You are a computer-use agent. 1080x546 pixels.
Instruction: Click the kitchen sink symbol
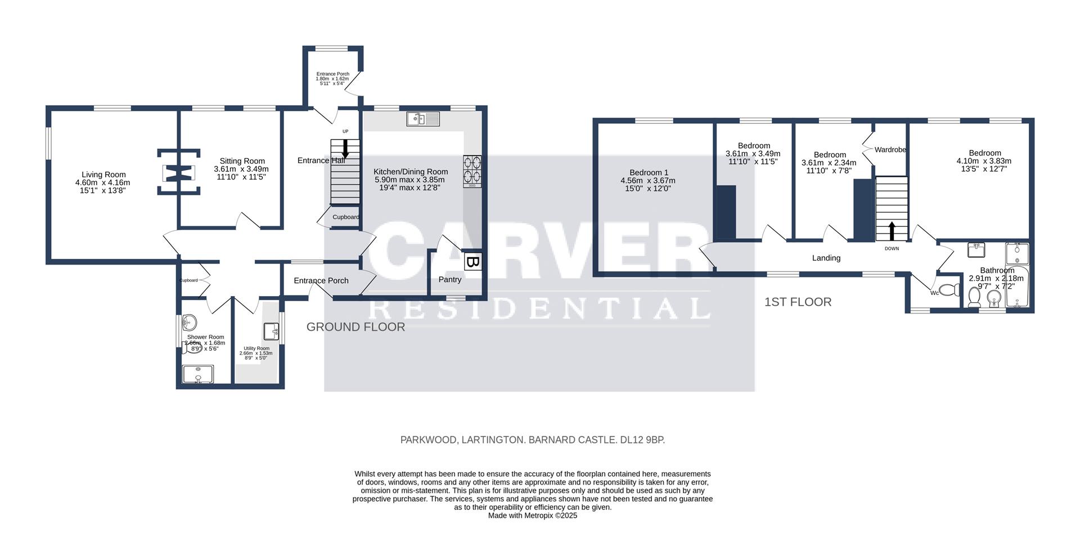423,119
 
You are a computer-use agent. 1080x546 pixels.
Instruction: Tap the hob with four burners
472,171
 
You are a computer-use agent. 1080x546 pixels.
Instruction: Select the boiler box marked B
473,262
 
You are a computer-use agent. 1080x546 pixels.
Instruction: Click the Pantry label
449,280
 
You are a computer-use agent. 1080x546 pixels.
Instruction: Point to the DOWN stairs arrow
892,231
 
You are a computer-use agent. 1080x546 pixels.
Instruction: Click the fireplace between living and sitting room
178,172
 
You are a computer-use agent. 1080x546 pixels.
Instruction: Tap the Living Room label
103,174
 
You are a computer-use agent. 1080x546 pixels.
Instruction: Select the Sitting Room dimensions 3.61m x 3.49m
241,169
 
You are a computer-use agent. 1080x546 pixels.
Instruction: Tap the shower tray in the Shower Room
198,374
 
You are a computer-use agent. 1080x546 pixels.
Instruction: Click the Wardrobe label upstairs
890,150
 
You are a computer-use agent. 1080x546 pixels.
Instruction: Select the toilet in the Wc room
949,290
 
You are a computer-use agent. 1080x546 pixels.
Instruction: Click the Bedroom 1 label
649,172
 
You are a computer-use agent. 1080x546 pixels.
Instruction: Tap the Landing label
826,258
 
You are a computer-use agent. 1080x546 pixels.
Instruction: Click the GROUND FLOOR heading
355,327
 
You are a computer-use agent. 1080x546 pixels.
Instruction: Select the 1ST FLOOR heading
798,302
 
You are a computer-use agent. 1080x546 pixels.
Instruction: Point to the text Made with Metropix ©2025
532,516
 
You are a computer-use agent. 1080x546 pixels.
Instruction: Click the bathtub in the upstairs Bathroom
1017,290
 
